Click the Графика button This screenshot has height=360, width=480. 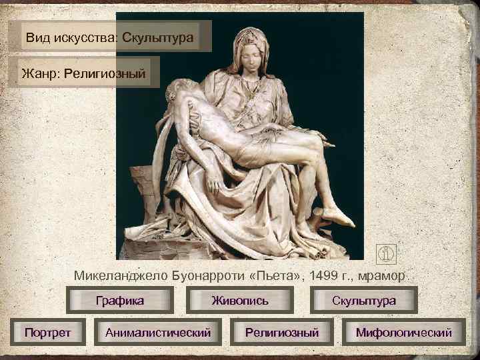(x=120, y=300)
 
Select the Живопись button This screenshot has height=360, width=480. (x=240, y=300)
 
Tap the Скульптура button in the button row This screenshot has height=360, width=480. (x=364, y=300)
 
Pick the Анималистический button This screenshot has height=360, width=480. (x=158, y=331)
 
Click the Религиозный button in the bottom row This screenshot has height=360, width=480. (x=282, y=331)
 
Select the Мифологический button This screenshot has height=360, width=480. (x=403, y=331)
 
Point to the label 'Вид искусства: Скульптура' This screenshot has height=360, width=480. (x=111, y=37)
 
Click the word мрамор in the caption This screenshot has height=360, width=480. (x=383, y=275)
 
